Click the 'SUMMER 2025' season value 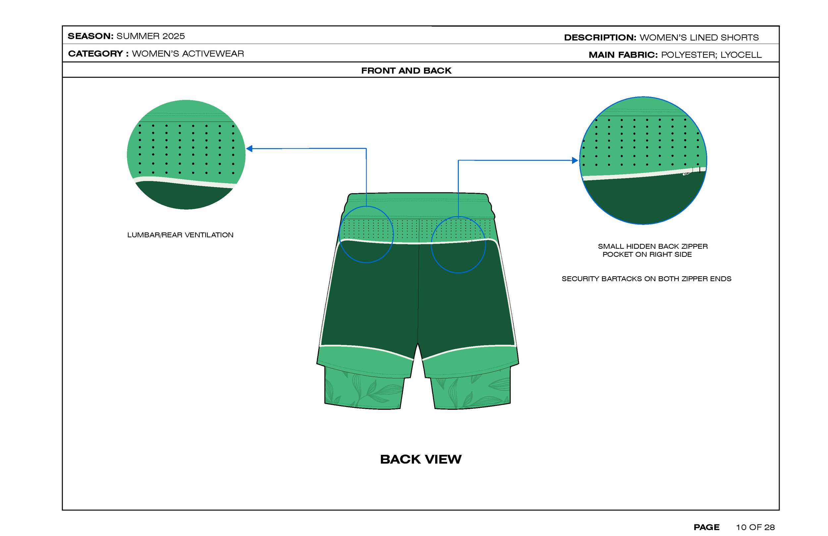150,36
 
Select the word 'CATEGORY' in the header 95,54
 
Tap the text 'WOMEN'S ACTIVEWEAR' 188,54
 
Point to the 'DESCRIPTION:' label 600,37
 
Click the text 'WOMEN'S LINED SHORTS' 699,37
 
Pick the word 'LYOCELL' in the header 741,55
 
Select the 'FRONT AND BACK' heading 406,71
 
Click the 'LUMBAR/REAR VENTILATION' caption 180,235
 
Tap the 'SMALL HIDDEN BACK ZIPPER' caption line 653,246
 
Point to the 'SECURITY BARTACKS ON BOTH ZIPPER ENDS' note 647,279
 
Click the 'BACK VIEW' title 421,459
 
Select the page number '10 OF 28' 755,527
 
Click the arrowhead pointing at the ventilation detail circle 249,149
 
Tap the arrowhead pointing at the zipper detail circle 575,160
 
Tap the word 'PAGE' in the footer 706,527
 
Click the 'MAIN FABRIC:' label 623,55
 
